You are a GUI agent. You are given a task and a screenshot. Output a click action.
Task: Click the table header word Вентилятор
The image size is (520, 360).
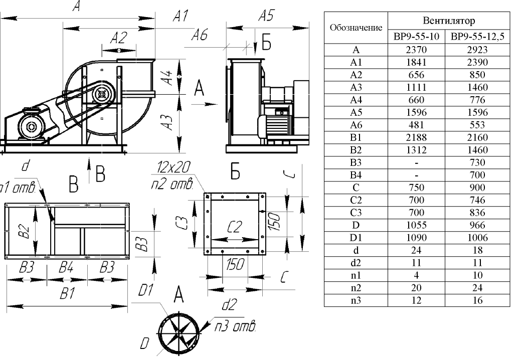[x=449, y=21]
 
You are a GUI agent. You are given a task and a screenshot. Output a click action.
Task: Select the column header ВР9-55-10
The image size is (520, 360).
[x=416, y=37]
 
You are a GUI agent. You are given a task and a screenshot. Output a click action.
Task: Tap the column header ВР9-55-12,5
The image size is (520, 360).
[x=477, y=37]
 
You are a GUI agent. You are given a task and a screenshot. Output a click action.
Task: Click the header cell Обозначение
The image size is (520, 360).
[x=356, y=28]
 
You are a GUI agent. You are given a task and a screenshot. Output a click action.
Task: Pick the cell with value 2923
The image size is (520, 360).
[x=477, y=50]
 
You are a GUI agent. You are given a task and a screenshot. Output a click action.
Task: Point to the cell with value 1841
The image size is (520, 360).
[x=416, y=63]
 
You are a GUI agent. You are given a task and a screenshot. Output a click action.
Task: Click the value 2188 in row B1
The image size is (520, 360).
[x=416, y=137]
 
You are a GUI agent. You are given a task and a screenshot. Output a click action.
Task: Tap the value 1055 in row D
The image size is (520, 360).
[x=416, y=225]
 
